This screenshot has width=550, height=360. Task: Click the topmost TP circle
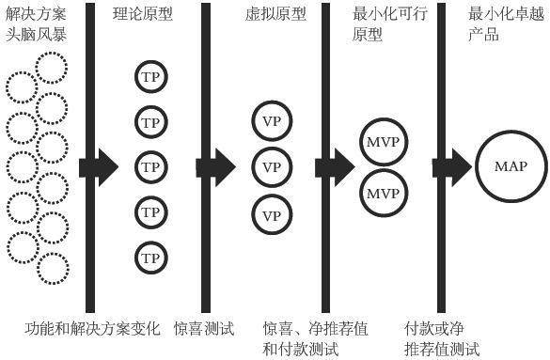click(x=150, y=76)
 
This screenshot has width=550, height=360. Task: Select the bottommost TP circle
click(x=150, y=257)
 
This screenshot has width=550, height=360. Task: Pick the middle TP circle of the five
click(x=150, y=166)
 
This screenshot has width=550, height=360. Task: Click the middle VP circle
click(x=271, y=167)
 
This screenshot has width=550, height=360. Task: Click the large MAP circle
click(x=511, y=167)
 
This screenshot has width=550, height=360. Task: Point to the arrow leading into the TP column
click(x=99, y=167)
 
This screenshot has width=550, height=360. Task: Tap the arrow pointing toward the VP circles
click(x=216, y=167)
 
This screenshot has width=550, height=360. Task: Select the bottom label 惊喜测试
click(x=204, y=329)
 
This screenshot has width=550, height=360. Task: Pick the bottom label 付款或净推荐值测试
click(x=440, y=339)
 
